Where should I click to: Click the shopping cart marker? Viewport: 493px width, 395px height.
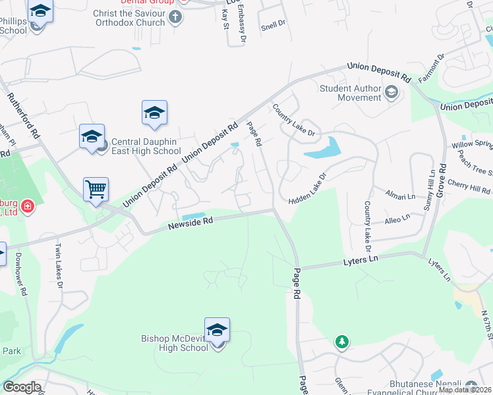[96, 190]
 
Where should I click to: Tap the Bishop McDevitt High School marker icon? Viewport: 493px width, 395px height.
[217, 330]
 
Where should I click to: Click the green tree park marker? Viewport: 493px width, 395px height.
[341, 342]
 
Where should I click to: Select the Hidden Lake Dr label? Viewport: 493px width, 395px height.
[308, 188]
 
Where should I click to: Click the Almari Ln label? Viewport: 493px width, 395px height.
[401, 196]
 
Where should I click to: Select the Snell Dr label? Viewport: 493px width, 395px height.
[272, 26]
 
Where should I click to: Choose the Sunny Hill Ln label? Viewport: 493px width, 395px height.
[430, 181]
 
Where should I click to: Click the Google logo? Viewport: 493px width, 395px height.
[21, 387]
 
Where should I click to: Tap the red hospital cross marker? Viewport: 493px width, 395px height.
[27, 207]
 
